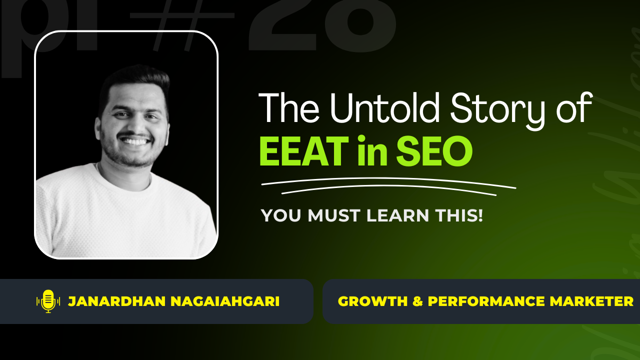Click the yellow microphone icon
pos(48,301)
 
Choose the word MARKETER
pos(589,301)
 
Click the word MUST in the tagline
pos(334,215)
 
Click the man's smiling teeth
pos(135,141)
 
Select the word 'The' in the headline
pos(288,108)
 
